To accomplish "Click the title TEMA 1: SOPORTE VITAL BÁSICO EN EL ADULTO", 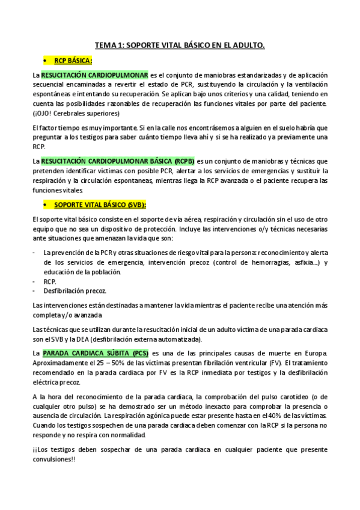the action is click(x=180, y=45).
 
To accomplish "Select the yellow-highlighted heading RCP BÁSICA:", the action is click(x=73, y=61).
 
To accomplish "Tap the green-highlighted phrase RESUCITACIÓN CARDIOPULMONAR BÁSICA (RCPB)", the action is click(x=118, y=161).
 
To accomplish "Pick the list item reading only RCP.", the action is click(x=50, y=281).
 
